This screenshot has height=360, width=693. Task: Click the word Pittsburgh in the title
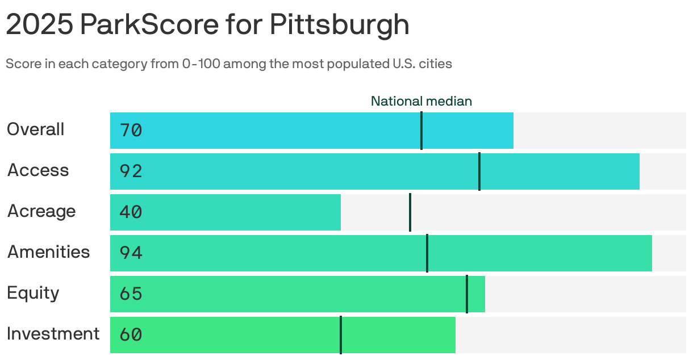339,24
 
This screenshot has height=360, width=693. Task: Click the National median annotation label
421,101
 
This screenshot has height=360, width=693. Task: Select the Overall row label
35,129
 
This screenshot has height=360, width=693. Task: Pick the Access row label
38,170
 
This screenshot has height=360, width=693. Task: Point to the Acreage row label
41,211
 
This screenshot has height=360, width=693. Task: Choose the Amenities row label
48,252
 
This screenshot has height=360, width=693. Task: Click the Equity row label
33,293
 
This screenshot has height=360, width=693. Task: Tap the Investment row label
53,334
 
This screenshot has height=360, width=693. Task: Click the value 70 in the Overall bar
131,131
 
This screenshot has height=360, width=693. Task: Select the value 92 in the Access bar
131,171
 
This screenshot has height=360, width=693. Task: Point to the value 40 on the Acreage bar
131,212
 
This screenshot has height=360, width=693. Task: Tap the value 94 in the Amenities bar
131,253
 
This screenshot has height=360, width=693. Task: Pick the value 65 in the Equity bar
131,294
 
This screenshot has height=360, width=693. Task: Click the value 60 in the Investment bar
131,335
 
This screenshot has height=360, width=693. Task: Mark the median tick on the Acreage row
410,212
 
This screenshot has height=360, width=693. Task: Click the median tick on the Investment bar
341,335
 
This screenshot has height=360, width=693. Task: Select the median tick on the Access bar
479,171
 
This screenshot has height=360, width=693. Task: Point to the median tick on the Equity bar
467,294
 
